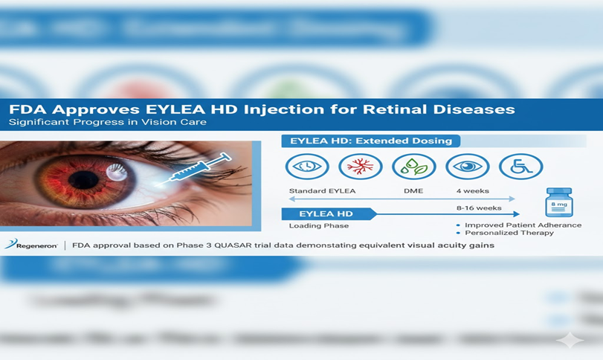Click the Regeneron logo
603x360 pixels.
point(30,245)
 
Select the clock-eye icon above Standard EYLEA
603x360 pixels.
point(306,167)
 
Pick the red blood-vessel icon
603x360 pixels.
point(360,167)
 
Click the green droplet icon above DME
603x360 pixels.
point(413,167)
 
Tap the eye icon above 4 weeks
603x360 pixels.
point(467,167)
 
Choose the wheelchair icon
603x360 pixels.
point(520,167)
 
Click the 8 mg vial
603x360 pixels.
point(558,202)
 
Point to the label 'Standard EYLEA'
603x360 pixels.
point(322,191)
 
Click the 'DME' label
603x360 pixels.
point(413,191)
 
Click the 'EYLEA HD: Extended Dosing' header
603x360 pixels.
point(371,141)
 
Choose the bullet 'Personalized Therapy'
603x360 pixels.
point(509,233)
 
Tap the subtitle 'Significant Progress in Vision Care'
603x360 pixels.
point(108,122)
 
